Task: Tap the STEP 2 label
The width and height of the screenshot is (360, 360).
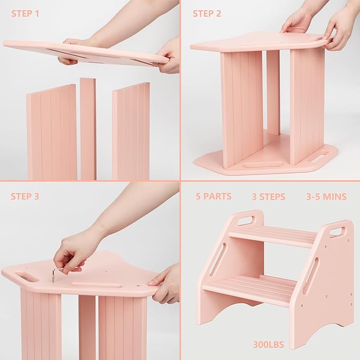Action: (x=207, y=13)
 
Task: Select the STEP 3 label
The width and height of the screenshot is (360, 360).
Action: (x=24, y=196)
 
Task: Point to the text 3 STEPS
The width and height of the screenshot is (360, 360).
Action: (x=268, y=197)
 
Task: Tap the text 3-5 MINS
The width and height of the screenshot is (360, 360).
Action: (x=326, y=197)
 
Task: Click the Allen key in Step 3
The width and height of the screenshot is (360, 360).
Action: (x=56, y=272)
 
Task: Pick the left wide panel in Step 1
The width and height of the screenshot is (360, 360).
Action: (x=52, y=133)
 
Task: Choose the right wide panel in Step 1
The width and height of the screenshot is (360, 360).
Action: (x=131, y=131)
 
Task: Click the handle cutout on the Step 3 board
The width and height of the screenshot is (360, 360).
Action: (x=27, y=276)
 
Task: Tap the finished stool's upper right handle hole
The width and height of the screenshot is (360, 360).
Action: (x=337, y=232)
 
